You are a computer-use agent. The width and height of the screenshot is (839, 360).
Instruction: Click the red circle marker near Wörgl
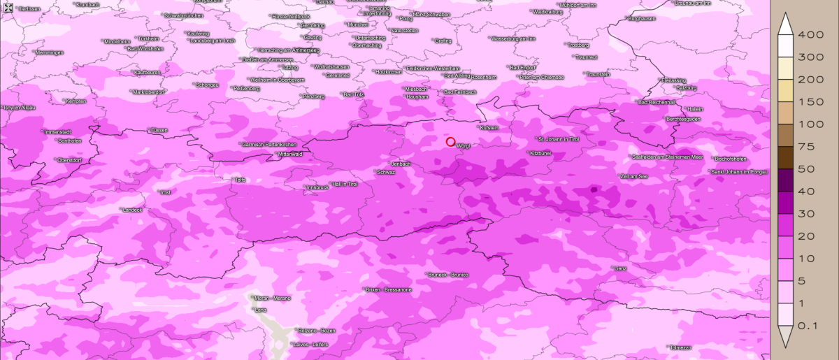click(451, 142)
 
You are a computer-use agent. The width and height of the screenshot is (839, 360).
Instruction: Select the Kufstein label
click(489, 128)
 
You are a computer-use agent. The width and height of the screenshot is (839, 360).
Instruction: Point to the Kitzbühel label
click(541, 153)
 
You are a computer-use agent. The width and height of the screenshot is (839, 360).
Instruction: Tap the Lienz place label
click(620, 268)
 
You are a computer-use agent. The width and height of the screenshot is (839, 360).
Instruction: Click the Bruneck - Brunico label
click(448, 275)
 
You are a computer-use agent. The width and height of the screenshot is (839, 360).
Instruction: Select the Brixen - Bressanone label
click(389, 289)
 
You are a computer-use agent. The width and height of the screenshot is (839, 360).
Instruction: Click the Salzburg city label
click(687, 88)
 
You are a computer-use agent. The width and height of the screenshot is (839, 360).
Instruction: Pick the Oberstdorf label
click(70, 160)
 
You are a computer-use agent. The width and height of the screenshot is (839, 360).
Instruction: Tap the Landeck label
click(132, 210)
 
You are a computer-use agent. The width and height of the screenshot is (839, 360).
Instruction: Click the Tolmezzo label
click(680, 347)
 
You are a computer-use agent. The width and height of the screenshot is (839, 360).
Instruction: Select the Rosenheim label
click(483, 76)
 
